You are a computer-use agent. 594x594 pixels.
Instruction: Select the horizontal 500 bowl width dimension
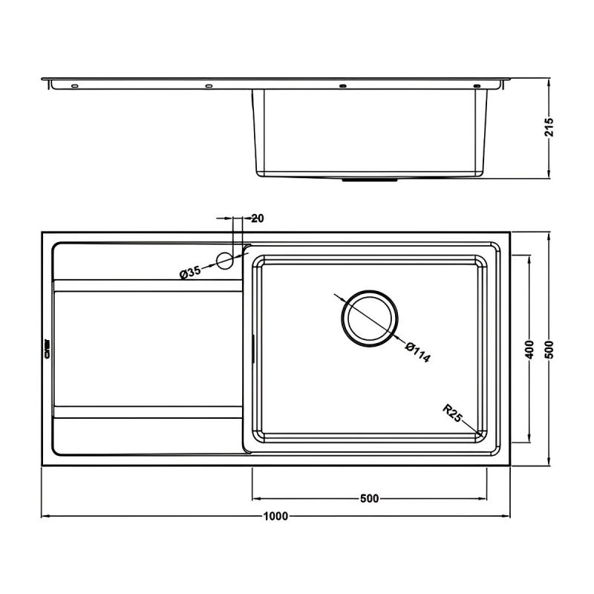(x=369, y=498)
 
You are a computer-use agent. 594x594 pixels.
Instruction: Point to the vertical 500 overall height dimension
(x=549, y=350)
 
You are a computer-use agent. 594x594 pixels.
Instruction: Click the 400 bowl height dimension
(x=529, y=350)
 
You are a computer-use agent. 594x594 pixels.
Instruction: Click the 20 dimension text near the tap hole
(x=258, y=218)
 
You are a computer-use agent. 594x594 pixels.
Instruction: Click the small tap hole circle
(x=224, y=258)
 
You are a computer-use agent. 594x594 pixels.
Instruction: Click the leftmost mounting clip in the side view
(x=74, y=86)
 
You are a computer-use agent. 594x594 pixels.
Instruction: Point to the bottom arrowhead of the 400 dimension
(x=529, y=440)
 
